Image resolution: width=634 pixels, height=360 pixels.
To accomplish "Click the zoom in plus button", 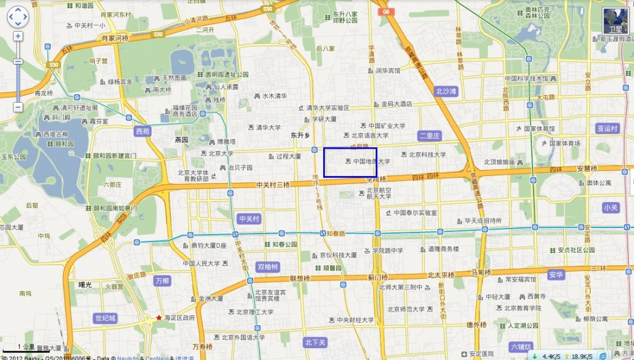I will click(18, 36).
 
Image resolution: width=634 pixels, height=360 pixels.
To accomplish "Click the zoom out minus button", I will click(18, 107).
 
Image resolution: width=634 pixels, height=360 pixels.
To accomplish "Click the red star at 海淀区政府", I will click(159, 317).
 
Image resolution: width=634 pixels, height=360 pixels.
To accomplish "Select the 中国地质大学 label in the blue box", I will click(371, 162).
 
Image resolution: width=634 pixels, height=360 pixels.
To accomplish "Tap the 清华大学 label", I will click(267, 128).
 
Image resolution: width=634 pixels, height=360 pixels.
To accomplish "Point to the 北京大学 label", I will click(220, 153).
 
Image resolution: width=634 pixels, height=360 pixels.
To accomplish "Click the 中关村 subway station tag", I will click(249, 219).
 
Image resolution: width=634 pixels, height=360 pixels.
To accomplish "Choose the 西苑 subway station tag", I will click(142, 131).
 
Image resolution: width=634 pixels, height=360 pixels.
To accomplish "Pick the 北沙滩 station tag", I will click(446, 91).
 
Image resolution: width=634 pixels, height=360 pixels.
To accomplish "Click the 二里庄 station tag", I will click(429, 135).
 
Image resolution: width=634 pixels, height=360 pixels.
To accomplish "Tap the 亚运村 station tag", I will click(607, 128).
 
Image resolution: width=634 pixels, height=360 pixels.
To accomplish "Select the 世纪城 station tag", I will click(105, 318).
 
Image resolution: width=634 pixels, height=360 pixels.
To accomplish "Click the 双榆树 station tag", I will click(268, 266).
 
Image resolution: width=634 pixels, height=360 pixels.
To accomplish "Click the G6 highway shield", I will click(386, 11).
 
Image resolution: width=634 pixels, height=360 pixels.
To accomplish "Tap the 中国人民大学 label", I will click(201, 263).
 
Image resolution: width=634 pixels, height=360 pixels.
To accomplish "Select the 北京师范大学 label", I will click(403, 309).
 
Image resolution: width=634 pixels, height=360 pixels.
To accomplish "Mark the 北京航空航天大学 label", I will click(379, 193).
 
